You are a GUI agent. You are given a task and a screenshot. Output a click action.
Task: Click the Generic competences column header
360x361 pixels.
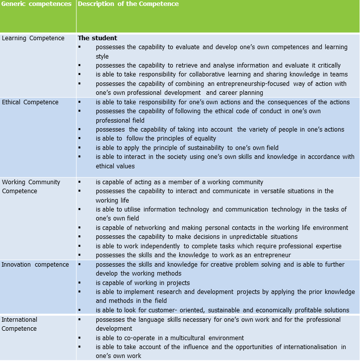click(x=36, y=4)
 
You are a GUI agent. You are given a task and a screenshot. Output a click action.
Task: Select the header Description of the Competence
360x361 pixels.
click(x=128, y=4)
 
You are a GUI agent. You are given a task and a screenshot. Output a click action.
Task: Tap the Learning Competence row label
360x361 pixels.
click(x=33, y=38)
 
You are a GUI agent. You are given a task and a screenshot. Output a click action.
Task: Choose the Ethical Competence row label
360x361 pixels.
click(x=30, y=102)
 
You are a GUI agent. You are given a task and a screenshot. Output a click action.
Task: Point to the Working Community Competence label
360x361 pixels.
click(x=31, y=186)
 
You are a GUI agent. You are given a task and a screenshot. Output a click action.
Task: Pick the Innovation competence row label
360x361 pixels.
click(x=35, y=265)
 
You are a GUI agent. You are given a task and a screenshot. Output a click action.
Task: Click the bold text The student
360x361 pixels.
click(x=97, y=38)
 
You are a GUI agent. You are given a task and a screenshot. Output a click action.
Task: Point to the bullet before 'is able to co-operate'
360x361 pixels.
click(x=80, y=338)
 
